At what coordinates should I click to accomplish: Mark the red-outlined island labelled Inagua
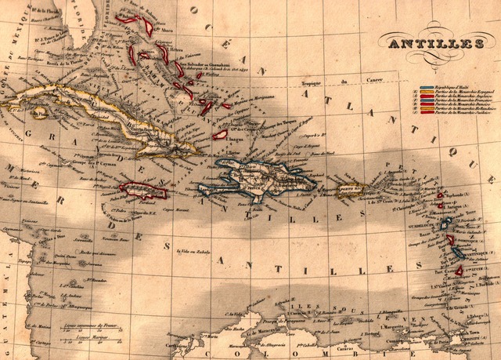click(x=220, y=135)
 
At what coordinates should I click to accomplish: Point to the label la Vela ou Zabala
click(x=196, y=251)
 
